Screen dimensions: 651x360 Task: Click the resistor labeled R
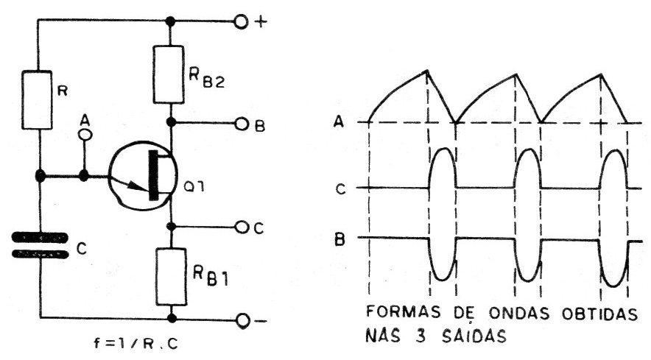pyautogui.click(x=37, y=99)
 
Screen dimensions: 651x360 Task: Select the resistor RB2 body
pyautogui.click(x=169, y=74)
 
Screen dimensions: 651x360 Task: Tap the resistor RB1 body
pyautogui.click(x=171, y=277)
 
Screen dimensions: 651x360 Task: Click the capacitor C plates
pyautogui.click(x=41, y=246)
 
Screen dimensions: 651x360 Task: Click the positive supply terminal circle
pyautogui.click(x=242, y=21)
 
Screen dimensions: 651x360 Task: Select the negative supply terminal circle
pyautogui.click(x=243, y=320)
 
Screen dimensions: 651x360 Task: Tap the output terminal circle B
pyautogui.click(x=242, y=124)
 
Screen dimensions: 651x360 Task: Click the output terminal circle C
pyautogui.click(x=242, y=227)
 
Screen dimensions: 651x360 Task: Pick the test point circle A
pyautogui.click(x=85, y=134)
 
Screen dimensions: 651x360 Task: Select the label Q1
pyautogui.click(x=194, y=187)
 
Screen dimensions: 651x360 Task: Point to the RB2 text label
pyautogui.click(x=206, y=79)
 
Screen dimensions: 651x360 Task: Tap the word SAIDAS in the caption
pyautogui.click(x=474, y=336)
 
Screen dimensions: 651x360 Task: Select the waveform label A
pyautogui.click(x=339, y=122)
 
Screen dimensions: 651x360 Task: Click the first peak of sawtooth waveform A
pyautogui.click(x=427, y=71)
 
